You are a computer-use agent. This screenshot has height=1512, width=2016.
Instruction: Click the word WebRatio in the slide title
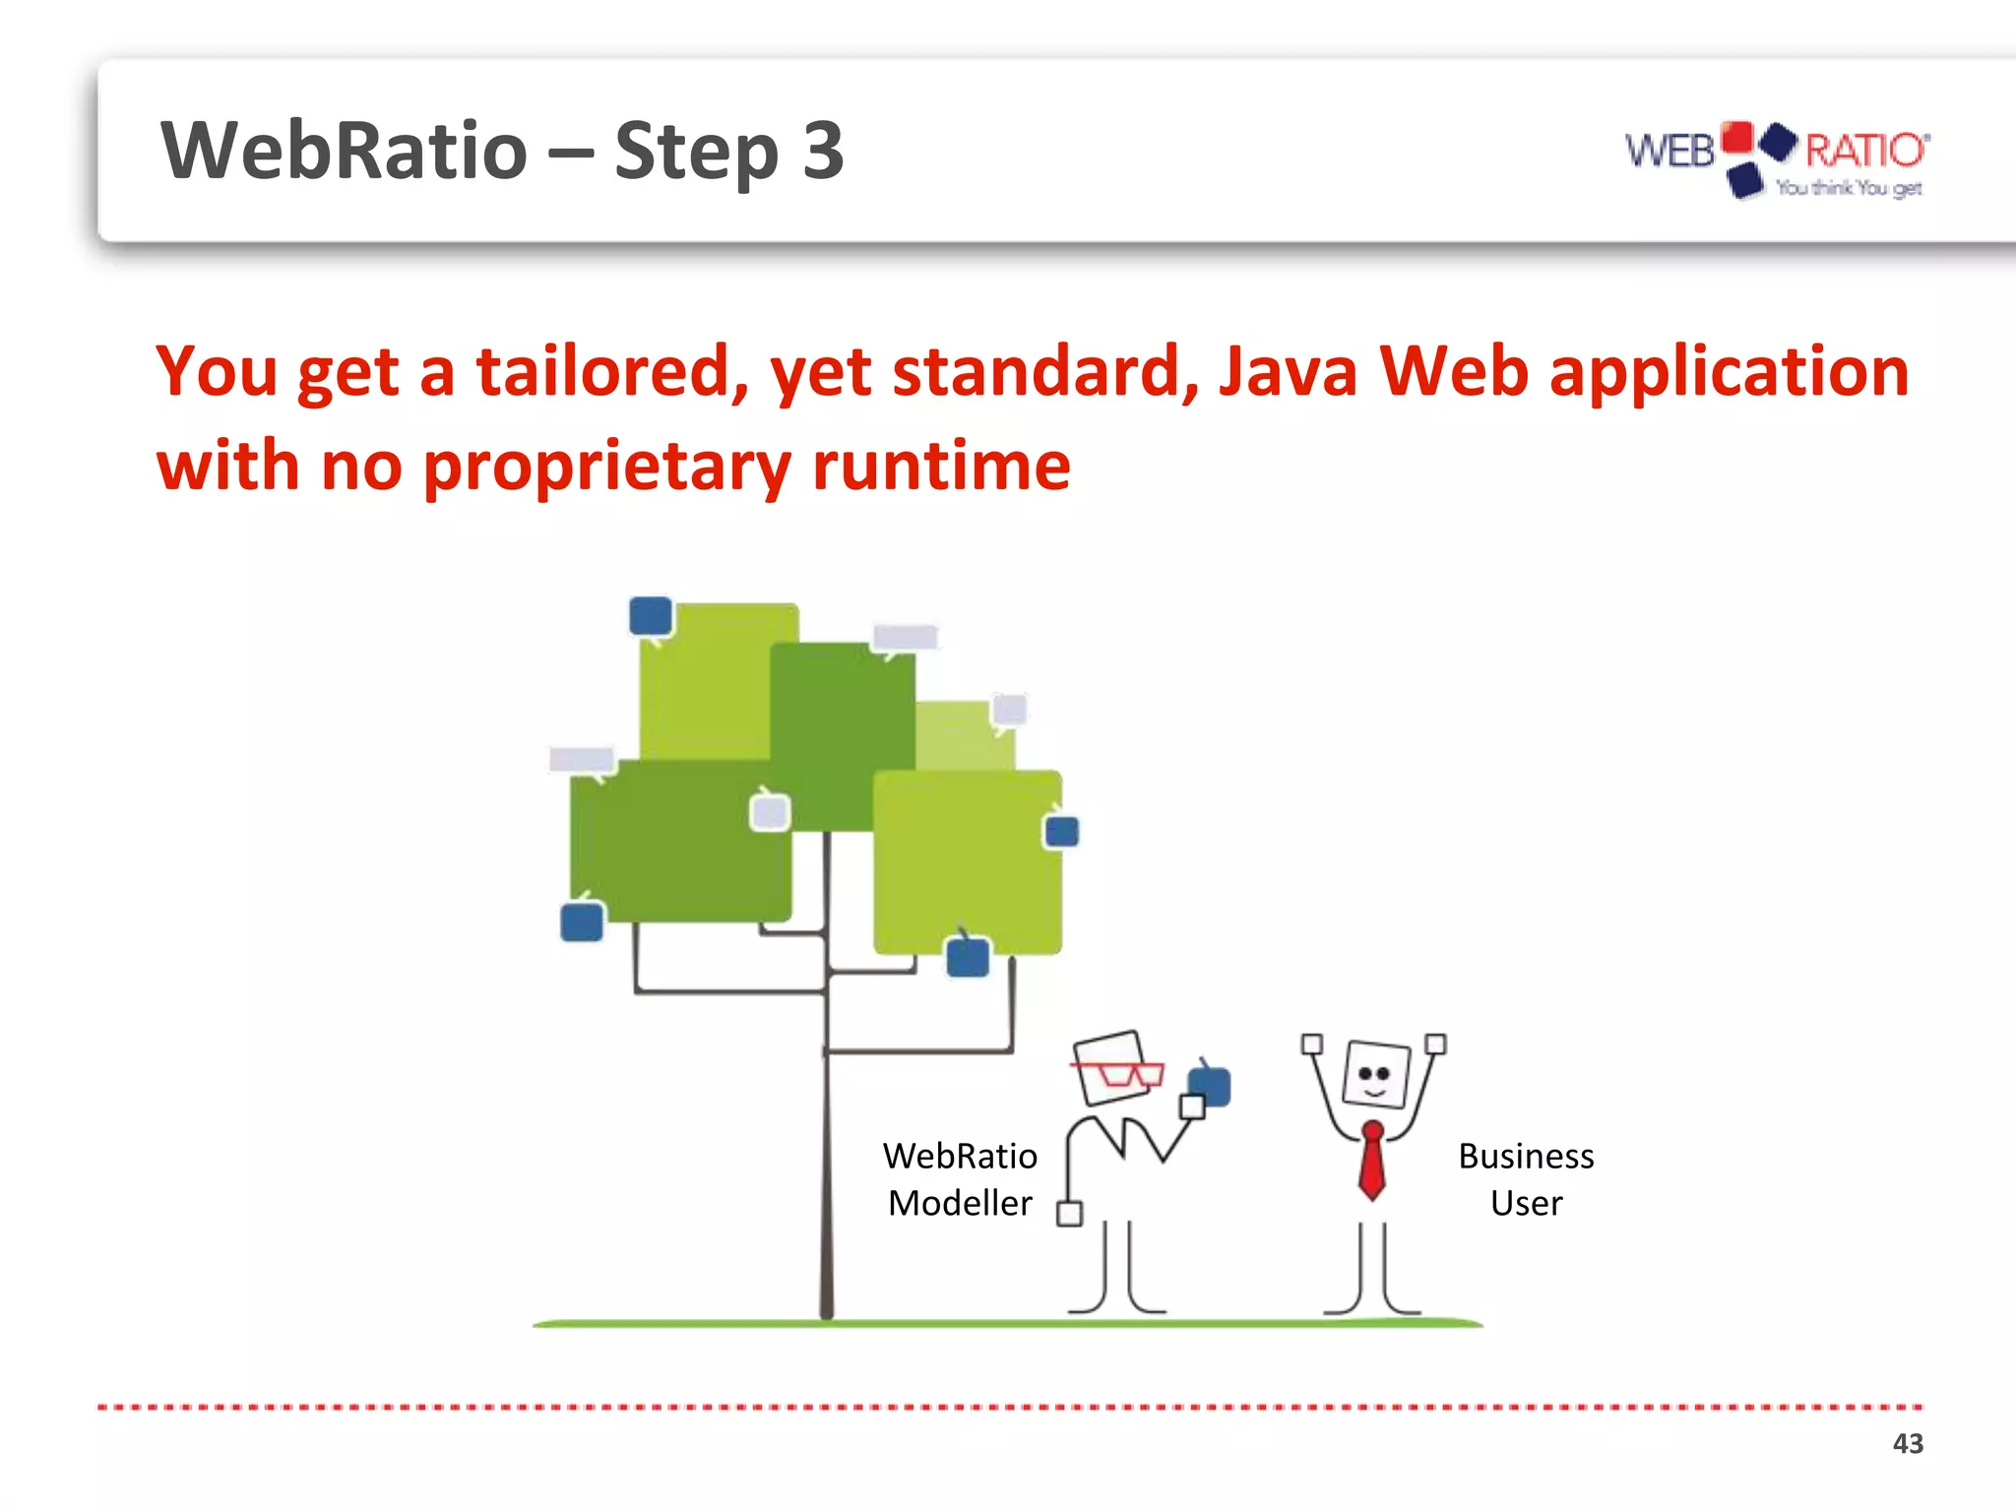click(345, 151)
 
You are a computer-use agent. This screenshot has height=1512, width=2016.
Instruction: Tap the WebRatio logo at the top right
click(1777, 157)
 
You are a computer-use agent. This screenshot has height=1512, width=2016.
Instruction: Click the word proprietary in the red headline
click(606, 467)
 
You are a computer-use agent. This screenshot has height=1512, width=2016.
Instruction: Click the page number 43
click(1907, 1443)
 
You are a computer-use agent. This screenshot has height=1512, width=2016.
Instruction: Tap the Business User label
click(1526, 1179)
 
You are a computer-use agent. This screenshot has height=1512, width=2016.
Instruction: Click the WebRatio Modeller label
click(960, 1179)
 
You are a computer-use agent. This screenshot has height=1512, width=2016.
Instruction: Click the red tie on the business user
click(1371, 1162)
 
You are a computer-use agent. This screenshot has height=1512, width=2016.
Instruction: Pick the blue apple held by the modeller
click(1211, 1086)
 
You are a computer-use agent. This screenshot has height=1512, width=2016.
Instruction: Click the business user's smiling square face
click(1375, 1074)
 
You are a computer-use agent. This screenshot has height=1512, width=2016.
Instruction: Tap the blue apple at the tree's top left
click(651, 617)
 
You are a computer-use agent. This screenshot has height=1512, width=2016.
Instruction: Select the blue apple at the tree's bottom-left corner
click(582, 922)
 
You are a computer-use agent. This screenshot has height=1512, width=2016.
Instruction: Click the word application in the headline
click(1729, 372)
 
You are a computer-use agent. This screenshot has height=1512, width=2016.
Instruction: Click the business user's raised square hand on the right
click(1435, 1044)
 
